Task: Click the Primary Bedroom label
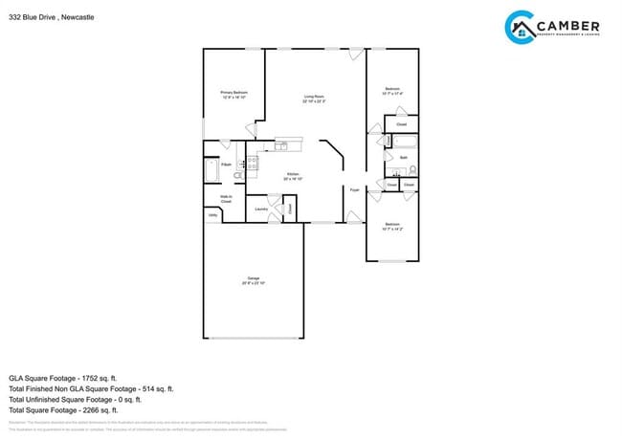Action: pos(234,93)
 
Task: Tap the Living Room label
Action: pos(314,96)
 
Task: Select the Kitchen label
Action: pos(293,175)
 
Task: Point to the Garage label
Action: pos(254,280)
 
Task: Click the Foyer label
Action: pos(354,188)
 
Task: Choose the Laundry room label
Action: pos(260,208)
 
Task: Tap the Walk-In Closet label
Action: pos(226,200)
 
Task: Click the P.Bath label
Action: pos(226,165)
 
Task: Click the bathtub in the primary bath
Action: pos(211,171)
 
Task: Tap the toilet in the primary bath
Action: pos(238,175)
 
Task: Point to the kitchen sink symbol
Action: pos(282,145)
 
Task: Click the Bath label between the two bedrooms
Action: pos(404,158)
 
